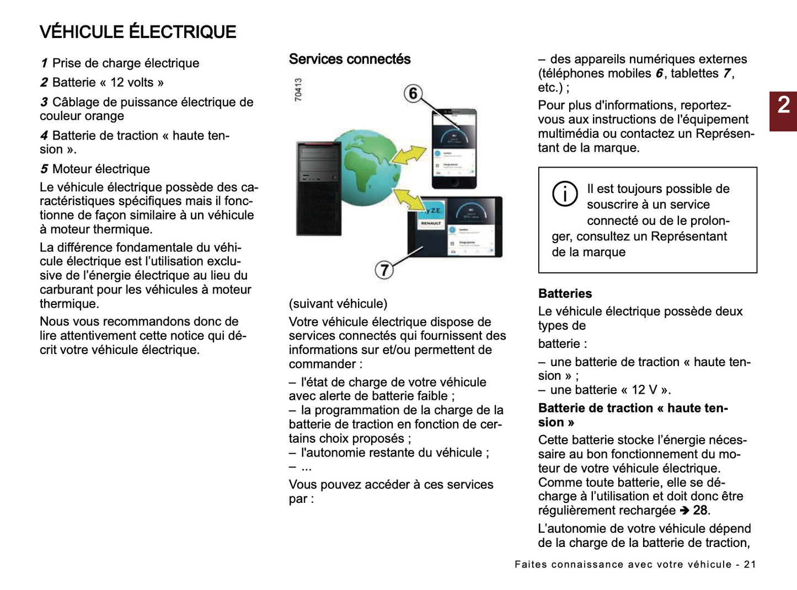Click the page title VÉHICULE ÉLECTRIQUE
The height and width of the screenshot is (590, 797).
click(x=138, y=32)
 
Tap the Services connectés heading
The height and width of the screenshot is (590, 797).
click(x=350, y=59)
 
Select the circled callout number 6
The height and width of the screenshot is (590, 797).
click(x=413, y=93)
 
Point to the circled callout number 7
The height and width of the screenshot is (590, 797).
click(x=384, y=270)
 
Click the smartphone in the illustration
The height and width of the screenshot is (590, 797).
click(x=453, y=149)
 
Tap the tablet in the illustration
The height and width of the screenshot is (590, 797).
click(x=455, y=226)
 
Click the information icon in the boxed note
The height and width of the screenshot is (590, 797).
click(x=565, y=194)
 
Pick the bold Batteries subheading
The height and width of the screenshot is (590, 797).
click(x=565, y=293)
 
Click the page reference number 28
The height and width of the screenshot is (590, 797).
click(x=700, y=510)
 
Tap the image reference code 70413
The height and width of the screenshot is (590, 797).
click(x=298, y=89)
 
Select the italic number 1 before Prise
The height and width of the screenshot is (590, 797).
click(x=44, y=63)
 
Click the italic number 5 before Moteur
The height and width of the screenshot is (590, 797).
click(x=44, y=169)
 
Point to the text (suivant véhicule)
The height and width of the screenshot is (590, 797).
click(x=338, y=304)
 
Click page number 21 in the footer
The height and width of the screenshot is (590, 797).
click(x=750, y=564)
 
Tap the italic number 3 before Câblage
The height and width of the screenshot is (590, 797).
click(x=44, y=103)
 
